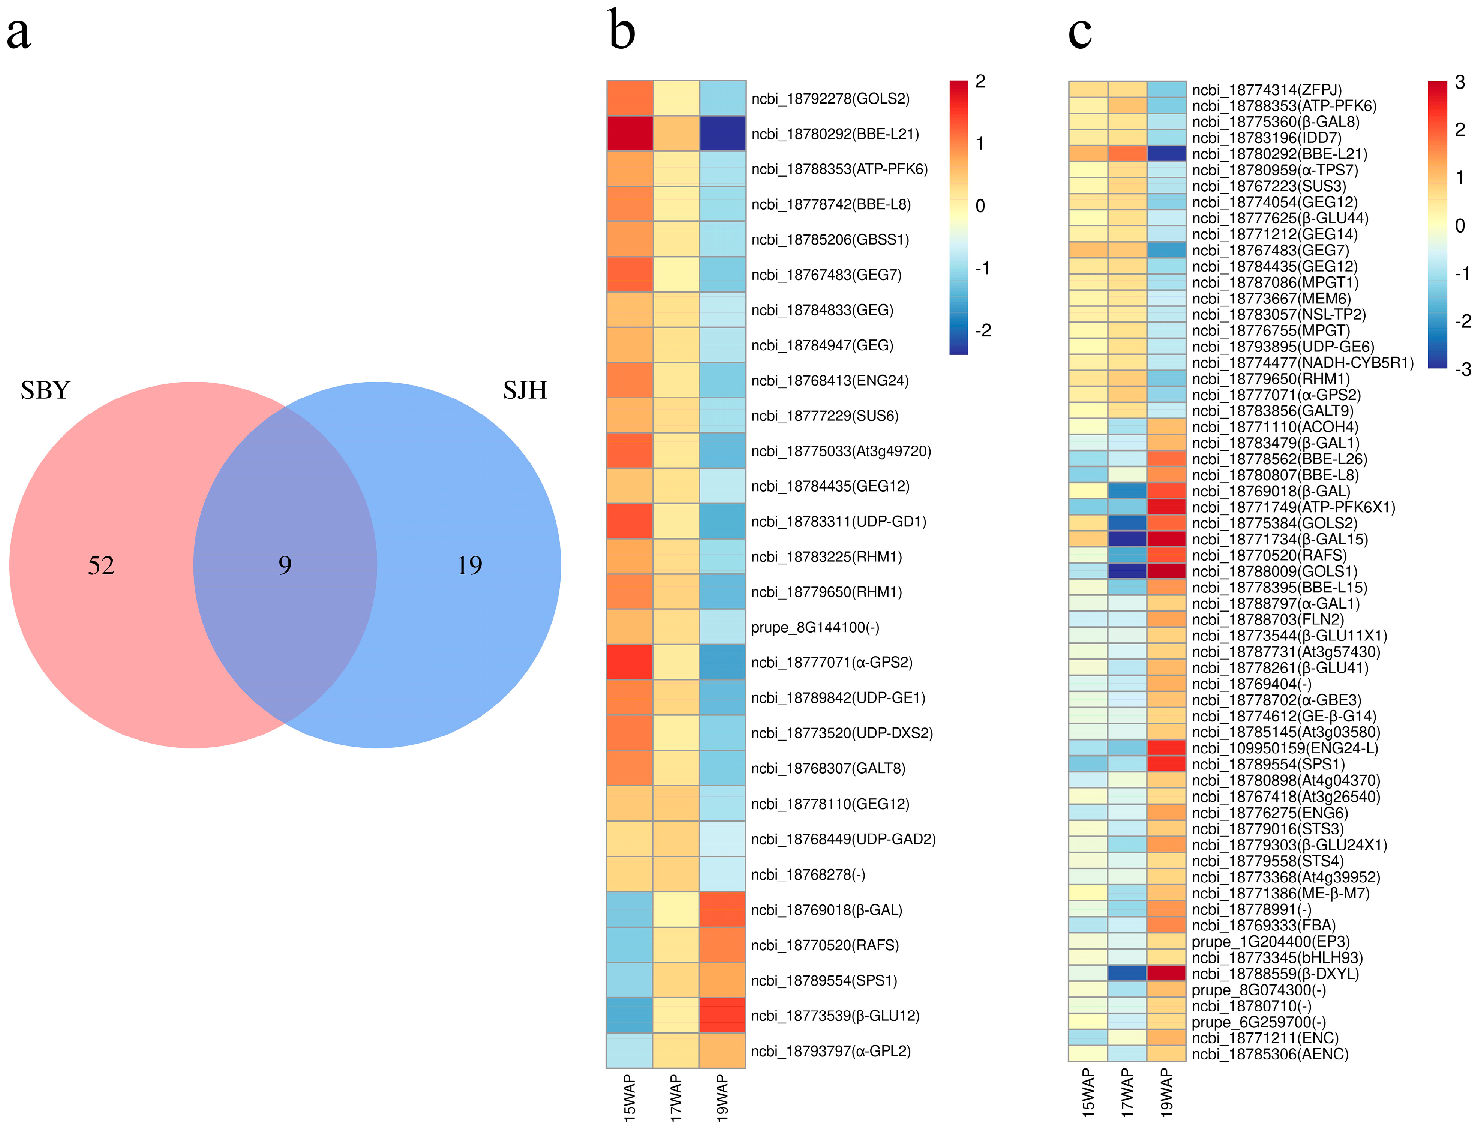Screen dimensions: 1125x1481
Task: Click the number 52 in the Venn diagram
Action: (x=101, y=566)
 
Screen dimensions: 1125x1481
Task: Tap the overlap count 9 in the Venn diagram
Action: (x=285, y=566)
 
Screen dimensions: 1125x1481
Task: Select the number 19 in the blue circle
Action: (x=469, y=566)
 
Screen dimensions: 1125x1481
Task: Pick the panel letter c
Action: (x=1079, y=32)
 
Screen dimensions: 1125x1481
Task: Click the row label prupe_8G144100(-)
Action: (x=815, y=627)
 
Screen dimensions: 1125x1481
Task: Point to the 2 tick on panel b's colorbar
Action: (x=980, y=82)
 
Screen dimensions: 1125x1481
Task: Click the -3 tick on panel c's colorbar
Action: (x=1463, y=369)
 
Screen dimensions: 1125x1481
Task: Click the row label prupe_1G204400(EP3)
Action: (x=1271, y=942)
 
